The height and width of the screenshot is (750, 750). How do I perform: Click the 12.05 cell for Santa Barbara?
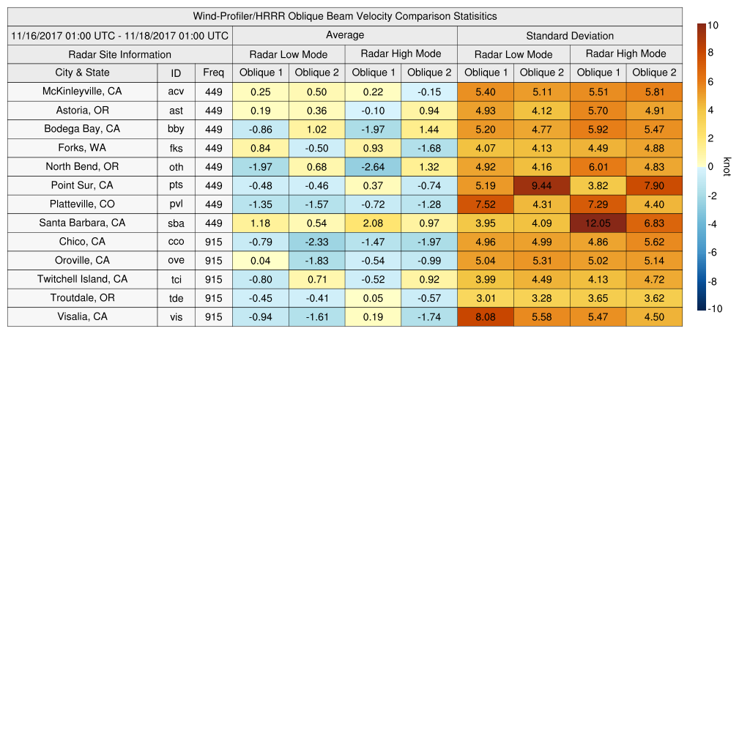coord(598,223)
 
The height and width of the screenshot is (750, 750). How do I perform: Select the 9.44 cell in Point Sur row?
coord(542,185)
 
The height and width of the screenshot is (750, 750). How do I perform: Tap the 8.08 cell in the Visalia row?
coord(485,316)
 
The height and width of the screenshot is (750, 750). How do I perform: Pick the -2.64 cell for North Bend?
coord(373,166)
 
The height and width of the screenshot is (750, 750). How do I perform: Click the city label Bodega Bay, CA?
coord(82,129)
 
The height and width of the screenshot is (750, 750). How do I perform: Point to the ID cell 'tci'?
coord(176,279)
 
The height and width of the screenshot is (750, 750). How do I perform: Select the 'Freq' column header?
coord(214,73)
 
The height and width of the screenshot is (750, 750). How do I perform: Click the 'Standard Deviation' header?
coord(570,35)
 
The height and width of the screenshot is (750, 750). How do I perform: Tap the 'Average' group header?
coord(345,35)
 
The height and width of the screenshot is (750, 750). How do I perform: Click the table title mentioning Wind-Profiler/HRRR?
coord(345,16)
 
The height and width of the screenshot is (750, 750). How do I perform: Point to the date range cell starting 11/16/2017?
coord(120,35)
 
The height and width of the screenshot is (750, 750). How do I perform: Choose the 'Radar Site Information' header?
coord(120,54)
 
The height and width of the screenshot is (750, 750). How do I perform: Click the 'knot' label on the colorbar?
coord(727,166)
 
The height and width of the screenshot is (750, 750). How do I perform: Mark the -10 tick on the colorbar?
coord(715,308)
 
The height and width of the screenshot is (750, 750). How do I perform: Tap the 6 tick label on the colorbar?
coord(710,82)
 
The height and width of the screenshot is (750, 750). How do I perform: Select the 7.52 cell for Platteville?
coord(485,204)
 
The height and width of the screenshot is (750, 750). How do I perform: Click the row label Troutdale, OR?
coord(82,298)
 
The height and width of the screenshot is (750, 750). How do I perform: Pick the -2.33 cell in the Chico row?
coord(316,242)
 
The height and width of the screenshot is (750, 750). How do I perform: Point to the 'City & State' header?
coord(82,73)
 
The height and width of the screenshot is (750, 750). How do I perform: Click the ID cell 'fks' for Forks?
coord(176,148)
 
